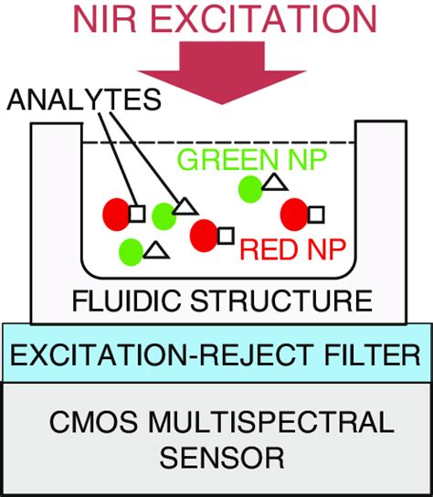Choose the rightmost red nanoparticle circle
[294, 214]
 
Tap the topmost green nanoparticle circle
[248, 189]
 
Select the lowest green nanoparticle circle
[132, 250]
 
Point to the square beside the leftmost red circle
[137, 213]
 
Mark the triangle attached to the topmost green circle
[273, 185]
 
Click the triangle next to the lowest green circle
[155, 248]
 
